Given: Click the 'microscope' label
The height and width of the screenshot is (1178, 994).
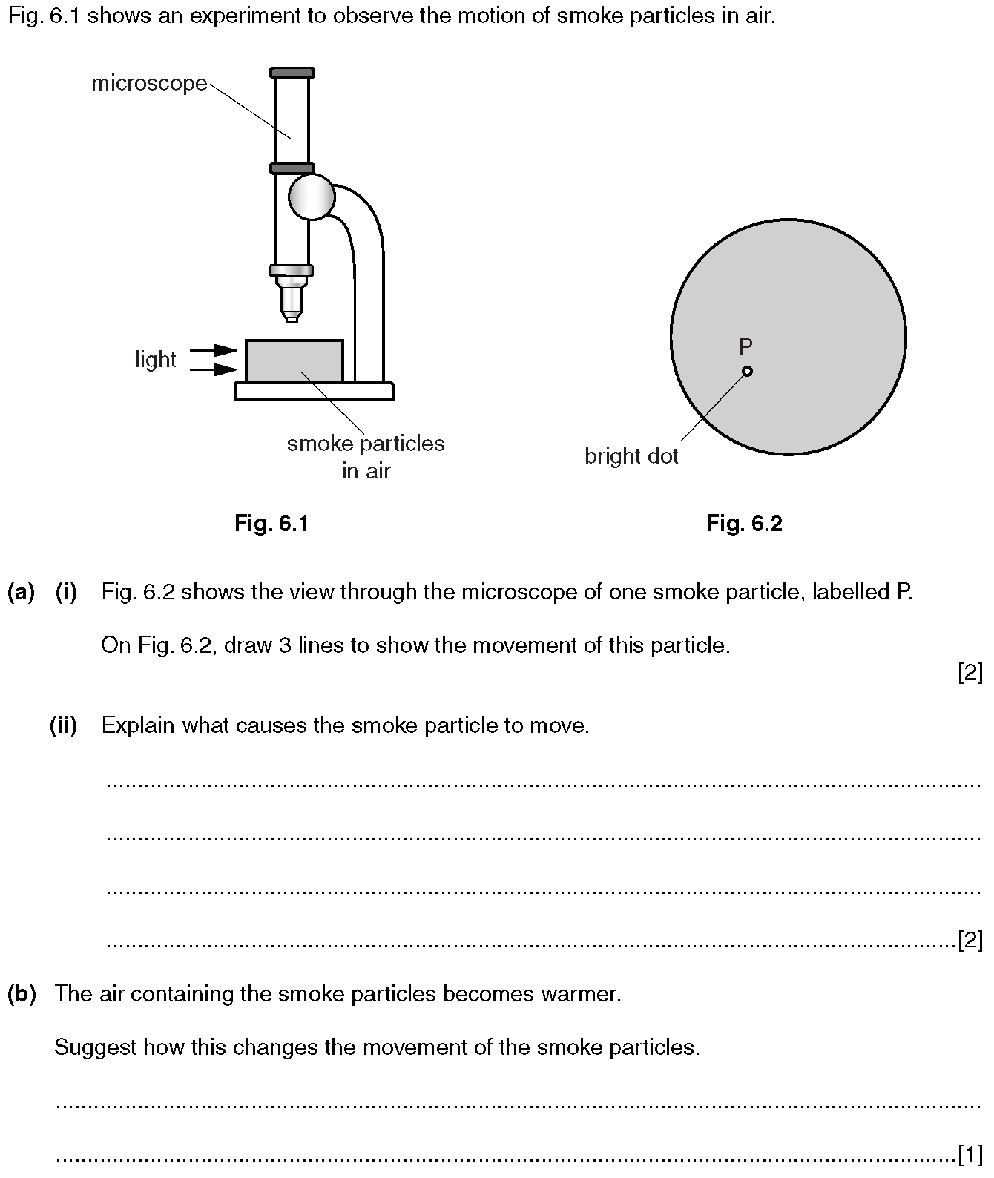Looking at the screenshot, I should (149, 83).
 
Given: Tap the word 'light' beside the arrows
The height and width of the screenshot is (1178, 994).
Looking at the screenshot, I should (155, 360).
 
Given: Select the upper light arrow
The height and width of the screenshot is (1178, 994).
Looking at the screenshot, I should (214, 350).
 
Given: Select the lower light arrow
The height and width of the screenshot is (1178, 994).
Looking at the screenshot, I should (214, 369).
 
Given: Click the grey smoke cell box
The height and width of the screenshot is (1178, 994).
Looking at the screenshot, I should (294, 361).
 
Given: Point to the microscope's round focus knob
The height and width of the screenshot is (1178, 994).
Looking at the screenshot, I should (312, 197).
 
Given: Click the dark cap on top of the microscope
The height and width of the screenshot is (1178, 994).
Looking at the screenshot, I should (292, 73).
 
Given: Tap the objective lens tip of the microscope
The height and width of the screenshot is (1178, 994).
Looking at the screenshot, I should (292, 317).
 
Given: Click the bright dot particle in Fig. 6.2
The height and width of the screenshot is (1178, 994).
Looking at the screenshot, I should (747, 371).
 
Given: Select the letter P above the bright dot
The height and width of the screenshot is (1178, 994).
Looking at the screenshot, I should (745, 346).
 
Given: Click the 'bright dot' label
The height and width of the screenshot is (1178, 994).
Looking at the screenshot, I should (631, 456).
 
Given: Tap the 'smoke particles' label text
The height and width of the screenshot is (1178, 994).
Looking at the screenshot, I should (366, 444).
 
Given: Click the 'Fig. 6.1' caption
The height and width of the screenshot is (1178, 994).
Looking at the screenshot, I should (271, 524).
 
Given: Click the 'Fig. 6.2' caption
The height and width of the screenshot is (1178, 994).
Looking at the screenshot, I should (744, 524).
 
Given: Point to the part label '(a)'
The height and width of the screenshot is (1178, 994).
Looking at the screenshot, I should (21, 592).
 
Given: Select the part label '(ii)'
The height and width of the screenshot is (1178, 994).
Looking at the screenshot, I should (64, 725).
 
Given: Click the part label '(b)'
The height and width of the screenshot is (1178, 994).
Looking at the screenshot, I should (22, 994).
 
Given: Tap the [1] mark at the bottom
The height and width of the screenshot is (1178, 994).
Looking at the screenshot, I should (970, 1155).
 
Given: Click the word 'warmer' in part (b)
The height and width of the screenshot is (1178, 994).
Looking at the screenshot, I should (580, 994).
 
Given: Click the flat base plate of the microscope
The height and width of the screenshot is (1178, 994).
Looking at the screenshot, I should (314, 391).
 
